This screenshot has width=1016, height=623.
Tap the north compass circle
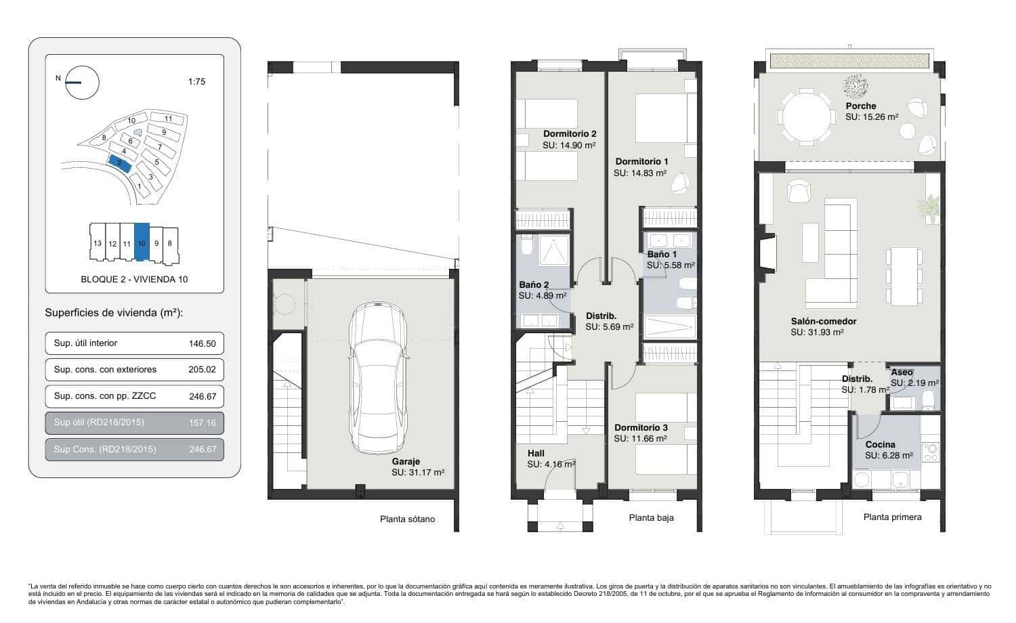[83, 83]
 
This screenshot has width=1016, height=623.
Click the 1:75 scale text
[196, 82]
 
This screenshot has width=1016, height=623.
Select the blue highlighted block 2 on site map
[119, 164]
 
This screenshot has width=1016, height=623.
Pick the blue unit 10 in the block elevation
[142, 242]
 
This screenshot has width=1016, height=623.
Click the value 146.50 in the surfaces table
[202, 344]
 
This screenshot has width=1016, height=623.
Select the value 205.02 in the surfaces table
[202, 370]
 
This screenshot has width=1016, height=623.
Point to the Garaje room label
[405, 462]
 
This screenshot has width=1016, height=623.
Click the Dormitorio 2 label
[570, 134]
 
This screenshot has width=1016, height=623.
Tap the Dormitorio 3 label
[641, 428]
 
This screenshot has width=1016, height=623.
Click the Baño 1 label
[658, 255]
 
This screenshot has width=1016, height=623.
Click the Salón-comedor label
[824, 322]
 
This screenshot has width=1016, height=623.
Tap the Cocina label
[880, 445]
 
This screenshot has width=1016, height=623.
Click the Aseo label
[902, 372]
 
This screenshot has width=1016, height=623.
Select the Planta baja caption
[651, 518]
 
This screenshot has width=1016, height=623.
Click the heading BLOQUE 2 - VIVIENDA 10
[134, 280]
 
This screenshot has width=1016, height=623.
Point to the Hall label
[536, 453]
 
